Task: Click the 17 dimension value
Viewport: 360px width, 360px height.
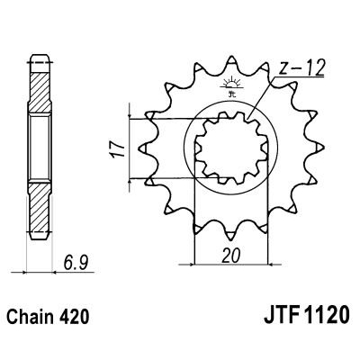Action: pyautogui.click(x=114, y=147)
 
